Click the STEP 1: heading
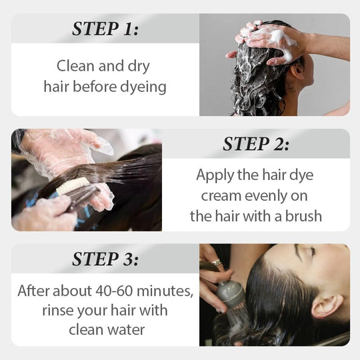click(x=105, y=29)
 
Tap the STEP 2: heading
click(x=256, y=143)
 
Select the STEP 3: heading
click(x=105, y=259)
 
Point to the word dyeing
click(x=143, y=87)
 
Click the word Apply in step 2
click(x=214, y=175)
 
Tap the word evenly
click(x=268, y=196)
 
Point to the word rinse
click(x=60, y=311)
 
